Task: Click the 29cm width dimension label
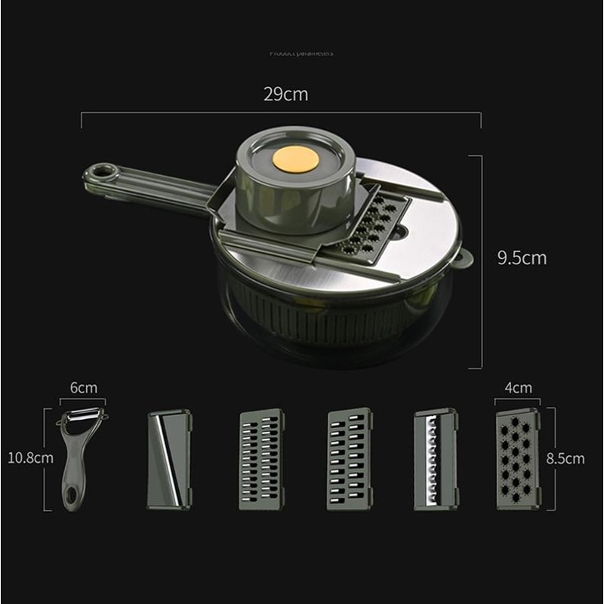click(x=285, y=94)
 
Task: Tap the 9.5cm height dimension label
click(x=521, y=257)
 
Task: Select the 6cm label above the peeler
click(x=83, y=387)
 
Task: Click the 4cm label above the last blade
click(x=518, y=387)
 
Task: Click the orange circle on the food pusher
click(x=295, y=159)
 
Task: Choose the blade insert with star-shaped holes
click(x=517, y=459)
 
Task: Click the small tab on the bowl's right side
click(x=462, y=258)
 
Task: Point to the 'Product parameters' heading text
click(x=301, y=53)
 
